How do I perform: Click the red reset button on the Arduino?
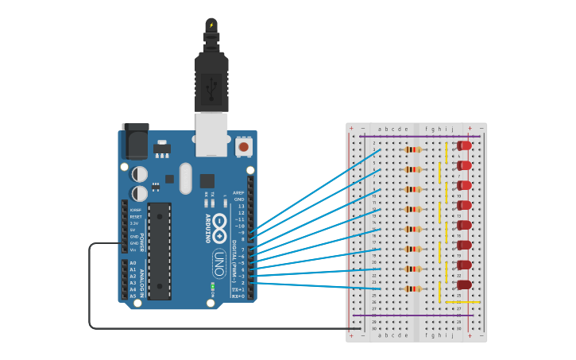(x=243, y=147)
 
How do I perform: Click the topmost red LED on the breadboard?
(x=465, y=145)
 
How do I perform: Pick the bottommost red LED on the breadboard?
(x=465, y=285)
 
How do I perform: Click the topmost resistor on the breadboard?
(x=412, y=149)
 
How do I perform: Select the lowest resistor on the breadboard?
(x=412, y=288)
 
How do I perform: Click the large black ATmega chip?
(x=159, y=251)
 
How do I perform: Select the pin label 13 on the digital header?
(x=241, y=206)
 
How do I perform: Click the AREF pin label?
(x=238, y=193)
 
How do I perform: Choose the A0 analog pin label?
(x=133, y=263)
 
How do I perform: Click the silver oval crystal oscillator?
(x=186, y=178)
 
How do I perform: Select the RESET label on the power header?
(x=136, y=216)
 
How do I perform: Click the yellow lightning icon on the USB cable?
(x=211, y=25)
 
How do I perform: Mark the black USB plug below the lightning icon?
(x=211, y=83)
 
